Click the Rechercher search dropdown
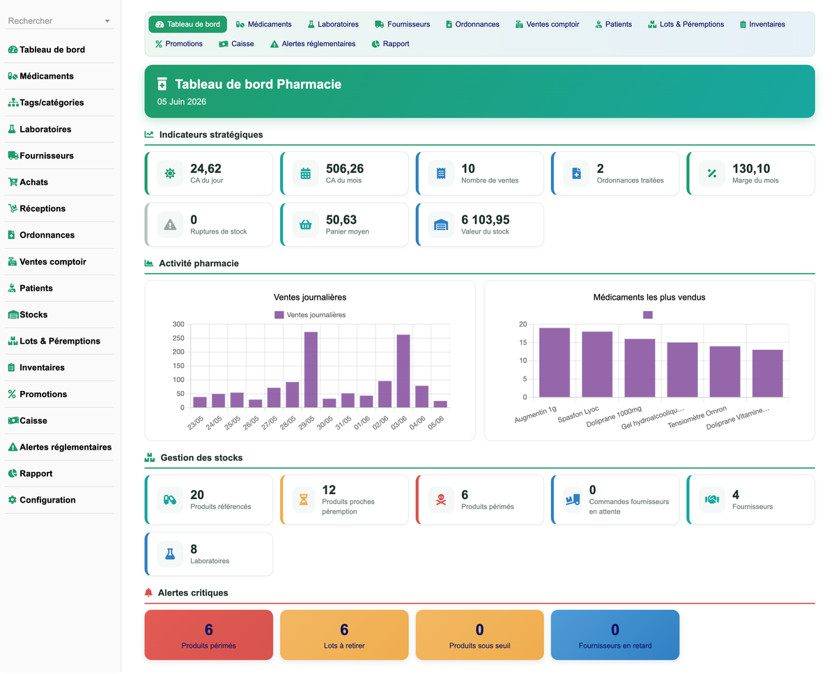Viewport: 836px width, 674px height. pyautogui.click(x=59, y=21)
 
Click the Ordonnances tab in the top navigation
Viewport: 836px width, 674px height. pyautogui.click(x=472, y=24)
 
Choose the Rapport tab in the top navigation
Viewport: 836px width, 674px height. pyautogui.click(x=390, y=44)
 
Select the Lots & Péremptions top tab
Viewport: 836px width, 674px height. pyautogui.click(x=686, y=24)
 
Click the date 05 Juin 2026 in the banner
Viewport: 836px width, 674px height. pyautogui.click(x=181, y=102)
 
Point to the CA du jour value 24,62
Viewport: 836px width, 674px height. pyautogui.click(x=206, y=169)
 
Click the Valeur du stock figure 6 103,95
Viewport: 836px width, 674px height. pyautogui.click(x=485, y=220)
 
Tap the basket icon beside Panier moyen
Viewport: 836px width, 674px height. pyautogui.click(x=306, y=224)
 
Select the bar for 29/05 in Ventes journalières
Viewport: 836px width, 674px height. pyautogui.click(x=311, y=370)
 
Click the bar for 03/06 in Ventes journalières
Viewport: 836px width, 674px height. pyautogui.click(x=403, y=372)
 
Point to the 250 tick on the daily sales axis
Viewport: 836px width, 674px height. pyautogui.click(x=178, y=339)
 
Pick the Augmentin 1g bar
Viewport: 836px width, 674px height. pyautogui.click(x=555, y=362)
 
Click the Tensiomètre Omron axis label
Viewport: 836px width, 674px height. pyautogui.click(x=697, y=418)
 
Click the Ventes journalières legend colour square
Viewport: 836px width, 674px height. pyautogui.click(x=279, y=315)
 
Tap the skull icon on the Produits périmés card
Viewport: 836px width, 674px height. pyautogui.click(x=441, y=500)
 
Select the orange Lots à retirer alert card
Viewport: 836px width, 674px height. pyautogui.click(x=344, y=635)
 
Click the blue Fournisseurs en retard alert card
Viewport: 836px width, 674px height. pyautogui.click(x=615, y=635)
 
